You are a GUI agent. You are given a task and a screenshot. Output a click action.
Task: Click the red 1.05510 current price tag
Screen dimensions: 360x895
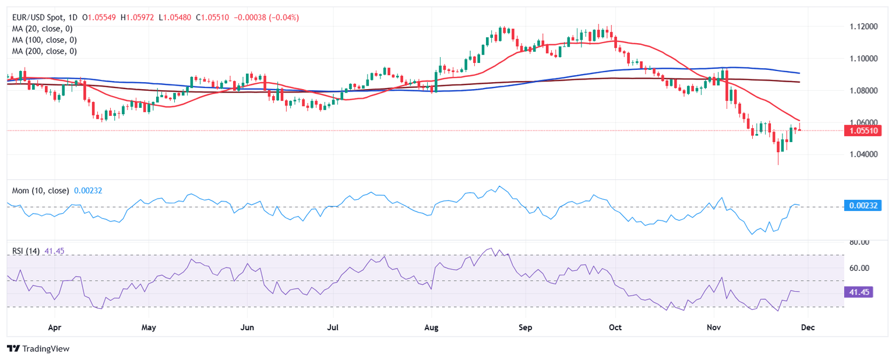(864, 131)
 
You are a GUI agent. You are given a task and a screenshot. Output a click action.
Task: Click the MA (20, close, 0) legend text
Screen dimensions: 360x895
(43, 29)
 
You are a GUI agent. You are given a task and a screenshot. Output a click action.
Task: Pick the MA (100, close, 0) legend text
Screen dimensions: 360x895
(45, 40)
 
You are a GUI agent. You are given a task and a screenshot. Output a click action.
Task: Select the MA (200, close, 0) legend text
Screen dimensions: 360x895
(45, 51)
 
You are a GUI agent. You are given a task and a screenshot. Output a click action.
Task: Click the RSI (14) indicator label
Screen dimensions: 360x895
(26, 251)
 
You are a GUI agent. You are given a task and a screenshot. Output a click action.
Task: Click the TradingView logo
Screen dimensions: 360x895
(38, 348)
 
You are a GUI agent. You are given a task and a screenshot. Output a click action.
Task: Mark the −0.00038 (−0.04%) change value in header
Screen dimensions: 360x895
(266, 17)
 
